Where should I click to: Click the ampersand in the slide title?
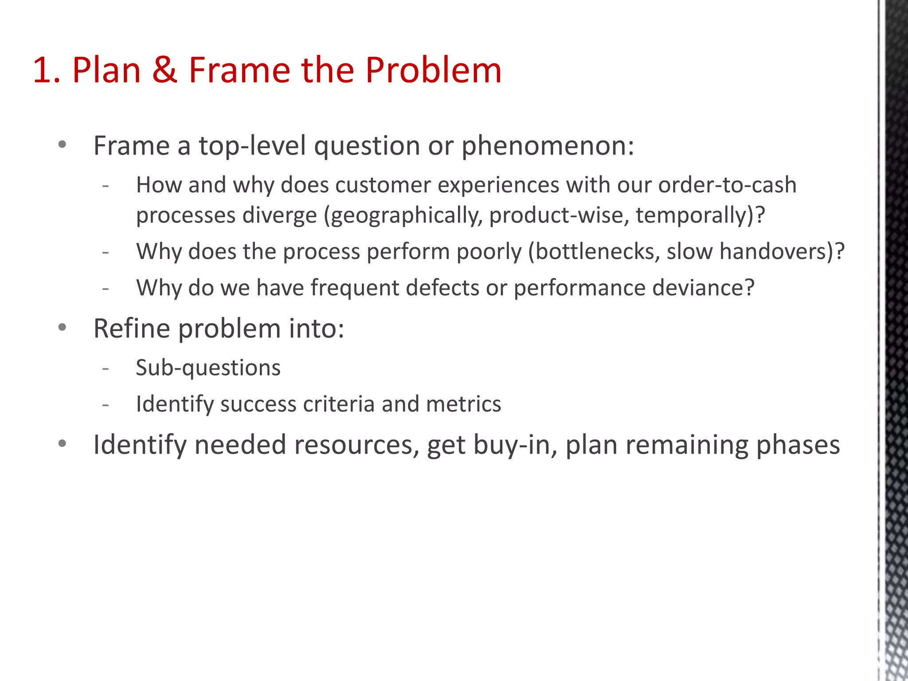[164, 70]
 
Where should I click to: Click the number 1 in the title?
[42, 70]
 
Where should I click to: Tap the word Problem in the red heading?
[433, 70]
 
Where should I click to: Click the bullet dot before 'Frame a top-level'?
[62, 145]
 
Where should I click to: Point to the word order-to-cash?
[727, 185]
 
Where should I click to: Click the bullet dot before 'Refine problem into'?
[62, 328]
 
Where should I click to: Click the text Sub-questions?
[208, 368]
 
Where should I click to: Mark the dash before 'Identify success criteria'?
[105, 404]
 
